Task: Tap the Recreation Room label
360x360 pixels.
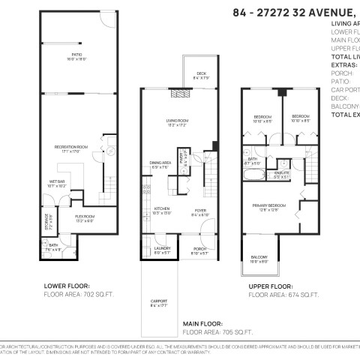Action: (71, 146)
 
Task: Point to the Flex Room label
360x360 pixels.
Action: (83, 218)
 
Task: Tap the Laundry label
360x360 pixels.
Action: (162, 250)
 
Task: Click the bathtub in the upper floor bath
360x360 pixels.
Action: (253, 178)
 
